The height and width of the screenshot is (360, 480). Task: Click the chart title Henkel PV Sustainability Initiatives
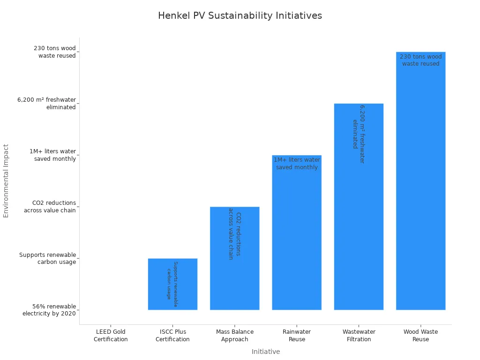240,15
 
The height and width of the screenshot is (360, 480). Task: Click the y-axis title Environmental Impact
6,180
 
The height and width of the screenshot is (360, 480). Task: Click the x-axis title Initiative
265,352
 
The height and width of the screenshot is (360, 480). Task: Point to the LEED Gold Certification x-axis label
111,336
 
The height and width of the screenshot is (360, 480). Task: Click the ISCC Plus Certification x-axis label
172,336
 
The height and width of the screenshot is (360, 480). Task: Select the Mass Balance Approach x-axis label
234,336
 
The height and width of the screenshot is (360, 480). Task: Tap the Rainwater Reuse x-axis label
297,336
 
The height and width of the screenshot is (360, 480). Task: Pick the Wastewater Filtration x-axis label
359,336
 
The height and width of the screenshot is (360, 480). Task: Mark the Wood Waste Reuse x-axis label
420,336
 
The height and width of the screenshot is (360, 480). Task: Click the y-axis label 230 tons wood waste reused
54,52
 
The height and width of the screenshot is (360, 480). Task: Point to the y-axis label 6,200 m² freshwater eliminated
46,103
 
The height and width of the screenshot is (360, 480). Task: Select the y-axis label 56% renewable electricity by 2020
49,310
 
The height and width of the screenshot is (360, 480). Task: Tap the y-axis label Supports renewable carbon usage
47,258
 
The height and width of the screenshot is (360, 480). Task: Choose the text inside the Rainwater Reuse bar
297,164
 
